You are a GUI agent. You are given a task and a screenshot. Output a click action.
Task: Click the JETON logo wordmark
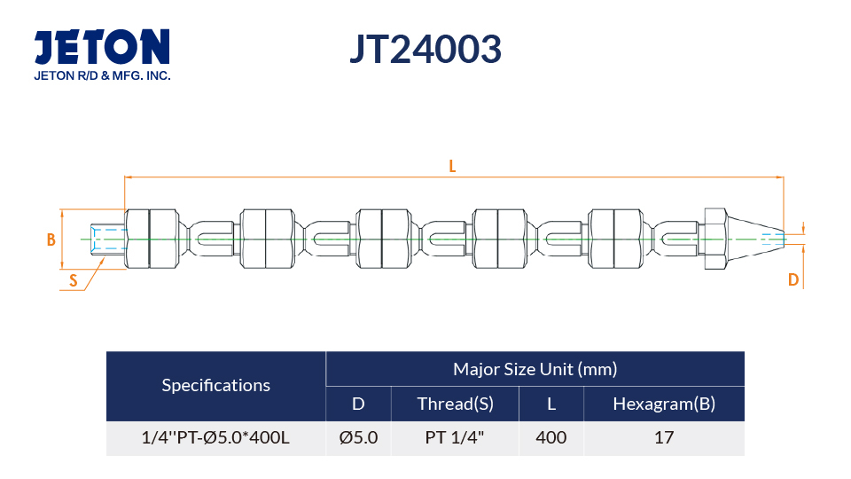102,47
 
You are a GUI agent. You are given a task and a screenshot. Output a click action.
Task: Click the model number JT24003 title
425,49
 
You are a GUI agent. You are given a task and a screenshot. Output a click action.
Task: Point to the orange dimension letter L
452,166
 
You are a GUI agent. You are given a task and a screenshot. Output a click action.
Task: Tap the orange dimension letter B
51,239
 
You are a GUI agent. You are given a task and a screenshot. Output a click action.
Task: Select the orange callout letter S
74,281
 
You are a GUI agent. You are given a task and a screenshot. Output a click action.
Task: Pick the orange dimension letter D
792,279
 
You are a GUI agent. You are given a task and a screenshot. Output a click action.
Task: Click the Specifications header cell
216,386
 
